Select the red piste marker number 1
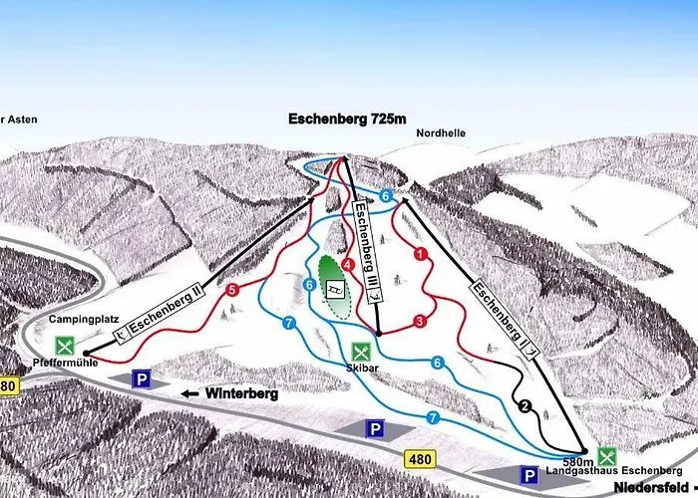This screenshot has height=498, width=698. (421, 255)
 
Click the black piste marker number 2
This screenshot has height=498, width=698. (525, 404)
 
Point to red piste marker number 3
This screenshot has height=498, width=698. (420, 321)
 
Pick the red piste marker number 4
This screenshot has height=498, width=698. (348, 265)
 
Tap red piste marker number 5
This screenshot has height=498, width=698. (231, 291)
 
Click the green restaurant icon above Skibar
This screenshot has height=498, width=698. (362, 352)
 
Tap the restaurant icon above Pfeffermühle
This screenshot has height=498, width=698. (66, 347)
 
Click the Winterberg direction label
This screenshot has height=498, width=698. (240, 393)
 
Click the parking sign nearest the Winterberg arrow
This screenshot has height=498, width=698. (143, 379)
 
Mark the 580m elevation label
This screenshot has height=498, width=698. (578, 461)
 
